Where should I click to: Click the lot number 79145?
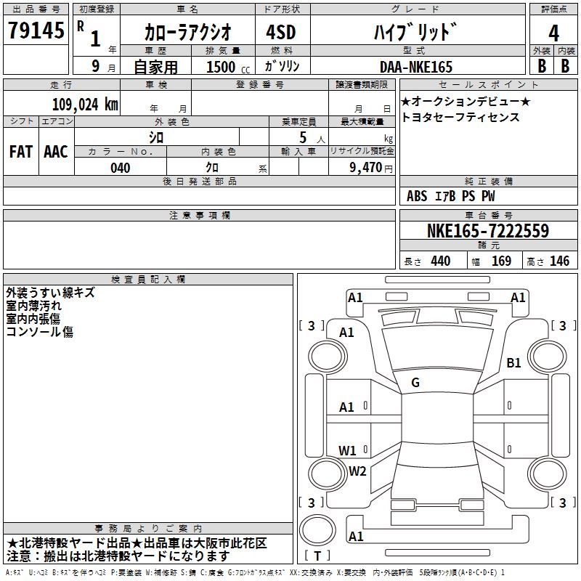(x=36, y=30)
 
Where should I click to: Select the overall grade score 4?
(x=553, y=33)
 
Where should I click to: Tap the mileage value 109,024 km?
(x=85, y=105)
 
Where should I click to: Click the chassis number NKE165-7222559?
(x=488, y=230)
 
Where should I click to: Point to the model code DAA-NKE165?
(x=416, y=67)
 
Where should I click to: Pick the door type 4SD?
(x=281, y=32)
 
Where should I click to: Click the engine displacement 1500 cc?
(x=228, y=67)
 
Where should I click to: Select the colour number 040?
(x=120, y=168)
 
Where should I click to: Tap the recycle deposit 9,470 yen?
(x=371, y=168)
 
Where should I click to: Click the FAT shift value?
(x=21, y=152)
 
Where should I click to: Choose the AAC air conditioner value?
(x=56, y=152)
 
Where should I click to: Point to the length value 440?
(x=441, y=261)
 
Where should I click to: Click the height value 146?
(x=559, y=261)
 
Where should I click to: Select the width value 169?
(x=501, y=261)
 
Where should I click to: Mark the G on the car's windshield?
(x=415, y=383)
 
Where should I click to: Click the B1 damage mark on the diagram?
(x=513, y=362)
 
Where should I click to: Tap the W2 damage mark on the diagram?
(x=357, y=471)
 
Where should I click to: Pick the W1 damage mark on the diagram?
(x=347, y=450)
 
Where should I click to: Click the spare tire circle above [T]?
(x=317, y=530)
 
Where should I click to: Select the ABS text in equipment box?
(x=417, y=196)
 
